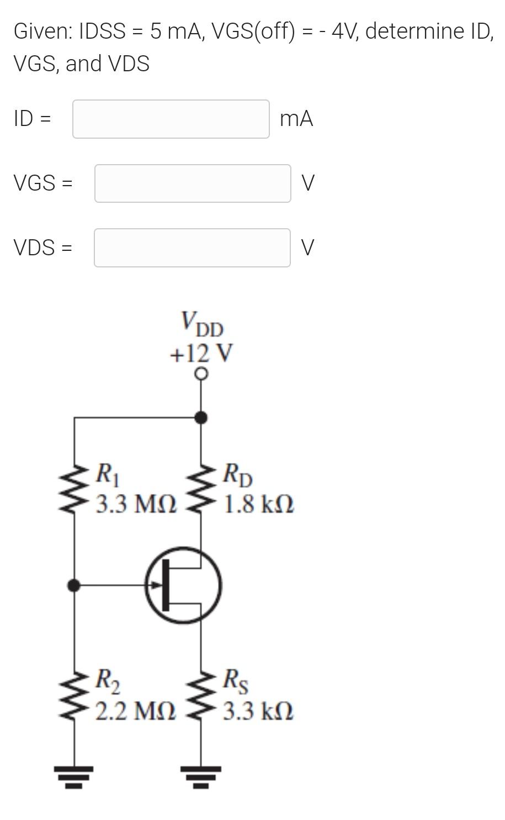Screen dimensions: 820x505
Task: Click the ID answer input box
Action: (171, 119)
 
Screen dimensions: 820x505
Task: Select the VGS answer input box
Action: (193, 183)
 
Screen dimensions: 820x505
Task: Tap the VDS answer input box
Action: (192, 248)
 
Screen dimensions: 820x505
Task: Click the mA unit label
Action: (296, 119)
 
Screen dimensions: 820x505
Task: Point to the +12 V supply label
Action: (201, 353)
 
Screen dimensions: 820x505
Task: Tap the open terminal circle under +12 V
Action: (201, 374)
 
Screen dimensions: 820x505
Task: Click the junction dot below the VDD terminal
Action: (201, 417)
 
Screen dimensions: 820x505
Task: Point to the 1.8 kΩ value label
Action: (259, 504)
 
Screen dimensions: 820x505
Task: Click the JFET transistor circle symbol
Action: (184, 586)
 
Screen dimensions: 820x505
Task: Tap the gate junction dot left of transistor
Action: (73, 585)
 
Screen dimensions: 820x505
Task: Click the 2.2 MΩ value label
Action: (136, 711)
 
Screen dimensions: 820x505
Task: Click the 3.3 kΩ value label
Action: (258, 711)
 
